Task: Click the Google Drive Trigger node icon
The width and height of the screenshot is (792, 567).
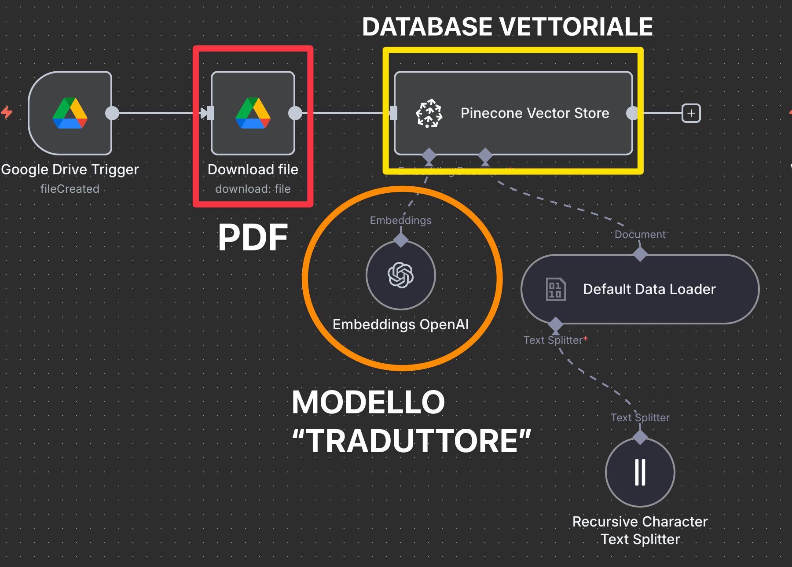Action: tap(70, 113)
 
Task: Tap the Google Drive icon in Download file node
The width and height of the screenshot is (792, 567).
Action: tap(253, 113)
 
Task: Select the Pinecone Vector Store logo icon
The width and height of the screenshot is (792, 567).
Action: tap(429, 113)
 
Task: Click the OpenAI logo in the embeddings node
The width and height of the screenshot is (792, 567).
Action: tap(400, 275)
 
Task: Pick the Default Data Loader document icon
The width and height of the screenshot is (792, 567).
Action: tap(555, 289)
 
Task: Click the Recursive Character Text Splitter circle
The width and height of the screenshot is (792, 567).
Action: tap(640, 472)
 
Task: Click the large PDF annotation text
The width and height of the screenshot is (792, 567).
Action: tap(253, 238)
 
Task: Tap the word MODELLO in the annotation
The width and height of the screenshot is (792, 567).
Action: tap(368, 402)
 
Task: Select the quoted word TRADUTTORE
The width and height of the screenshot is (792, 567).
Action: tap(412, 441)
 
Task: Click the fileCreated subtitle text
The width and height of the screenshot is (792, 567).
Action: tap(70, 189)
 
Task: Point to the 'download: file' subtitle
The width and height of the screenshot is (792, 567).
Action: tap(253, 189)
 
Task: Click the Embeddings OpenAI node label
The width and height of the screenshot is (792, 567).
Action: tap(400, 324)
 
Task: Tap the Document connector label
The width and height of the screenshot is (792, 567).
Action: tap(640, 235)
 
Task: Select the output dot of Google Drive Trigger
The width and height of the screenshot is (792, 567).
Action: tap(112, 113)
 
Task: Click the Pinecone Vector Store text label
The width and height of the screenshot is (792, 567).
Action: tap(535, 113)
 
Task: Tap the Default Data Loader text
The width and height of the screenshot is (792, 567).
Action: tap(649, 289)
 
